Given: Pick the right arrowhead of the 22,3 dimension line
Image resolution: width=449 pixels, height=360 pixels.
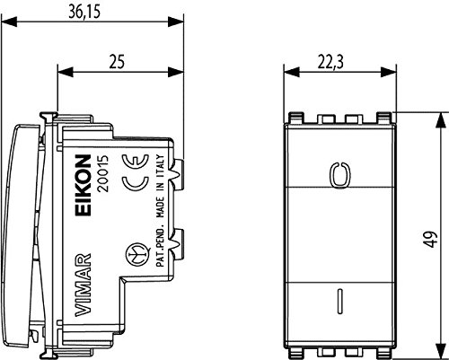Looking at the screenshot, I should pyautogui.click(x=385, y=70).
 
